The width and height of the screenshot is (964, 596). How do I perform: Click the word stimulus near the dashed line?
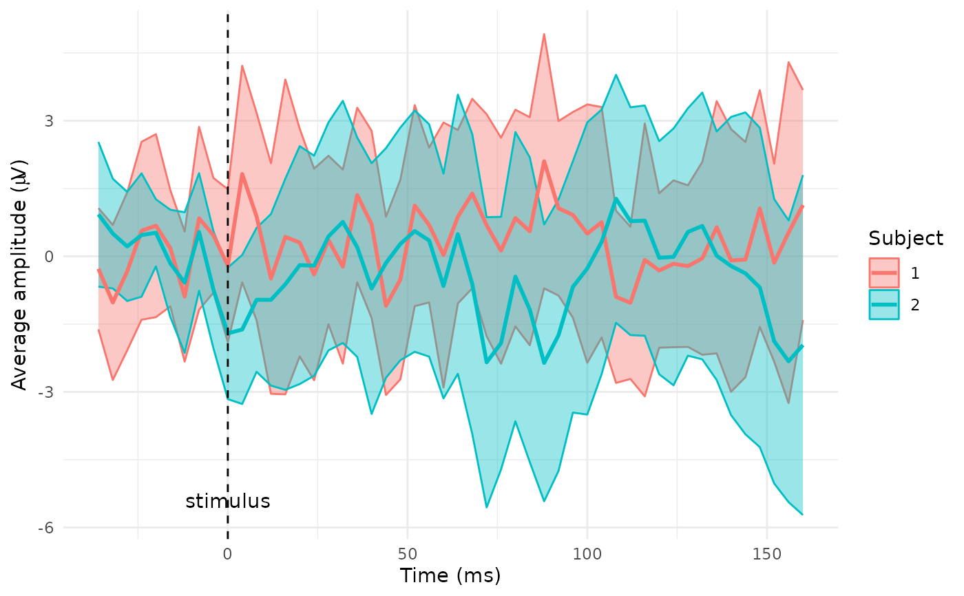[227, 501]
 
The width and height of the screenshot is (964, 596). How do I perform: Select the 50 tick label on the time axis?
[407, 555]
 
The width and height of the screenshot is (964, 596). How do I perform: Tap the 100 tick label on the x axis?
[587, 555]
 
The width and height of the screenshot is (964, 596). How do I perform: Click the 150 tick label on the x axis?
[766, 555]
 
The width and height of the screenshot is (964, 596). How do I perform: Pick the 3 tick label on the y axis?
[48, 121]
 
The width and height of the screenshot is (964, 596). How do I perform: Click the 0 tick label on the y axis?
[48, 257]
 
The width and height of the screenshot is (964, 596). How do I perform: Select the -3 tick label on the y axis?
[45, 392]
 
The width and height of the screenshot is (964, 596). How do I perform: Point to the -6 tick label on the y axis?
[45, 528]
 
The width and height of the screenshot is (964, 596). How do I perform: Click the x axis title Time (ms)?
[450, 576]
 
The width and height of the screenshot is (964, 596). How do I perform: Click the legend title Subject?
[905, 239]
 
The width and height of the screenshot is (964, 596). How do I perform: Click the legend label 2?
[915, 306]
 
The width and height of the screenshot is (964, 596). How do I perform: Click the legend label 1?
[915, 273]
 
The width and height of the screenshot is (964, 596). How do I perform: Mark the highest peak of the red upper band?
[544, 34]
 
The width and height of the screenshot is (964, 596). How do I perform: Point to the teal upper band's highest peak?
[616, 74]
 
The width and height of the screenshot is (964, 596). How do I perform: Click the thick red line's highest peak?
[544, 161]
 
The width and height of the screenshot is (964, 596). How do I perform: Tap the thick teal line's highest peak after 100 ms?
[616, 199]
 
